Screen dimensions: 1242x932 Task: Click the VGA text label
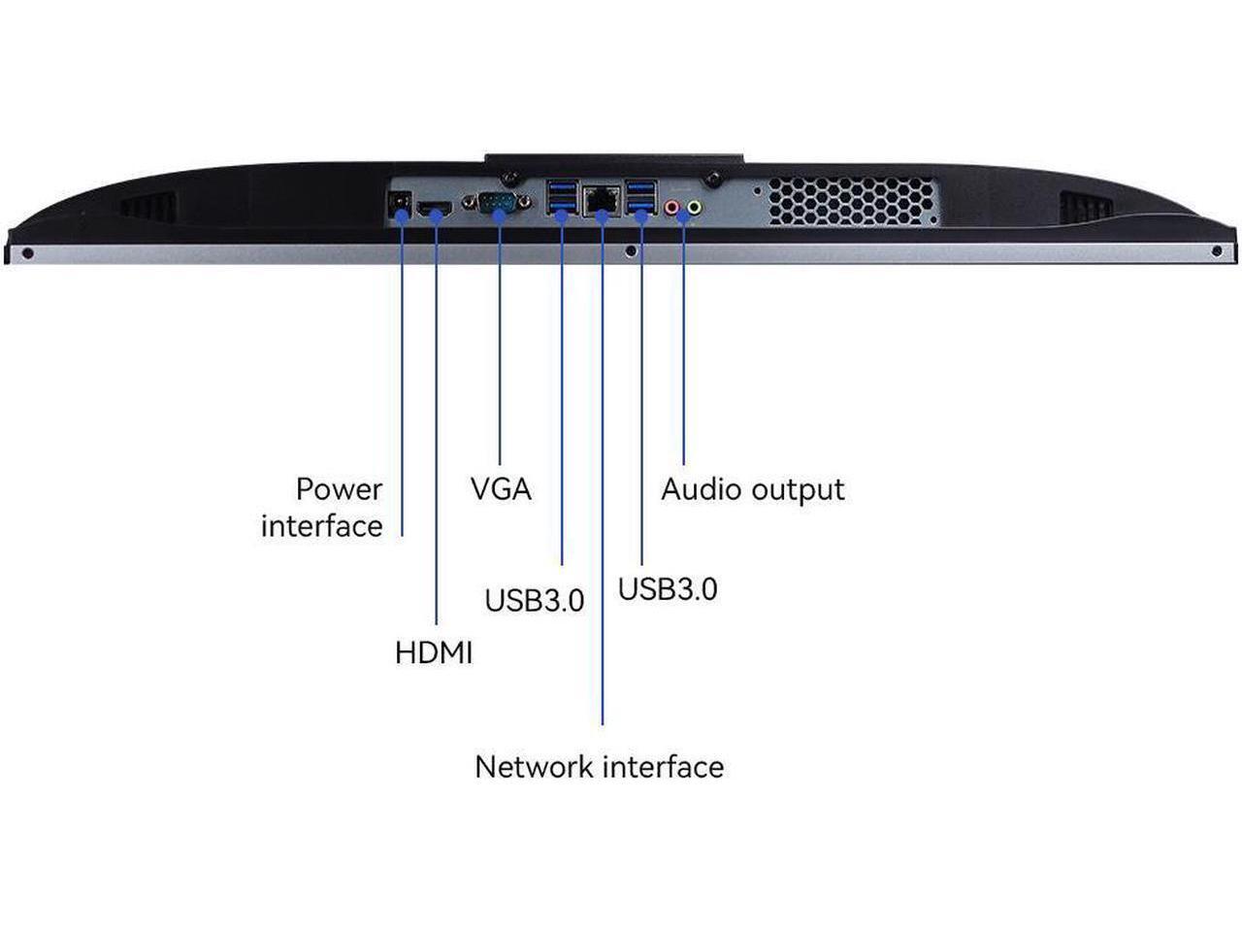tap(501, 488)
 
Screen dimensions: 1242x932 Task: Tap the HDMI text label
tap(434, 652)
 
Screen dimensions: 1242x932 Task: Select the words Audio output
tap(752, 488)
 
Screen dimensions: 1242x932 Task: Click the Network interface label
tap(599, 767)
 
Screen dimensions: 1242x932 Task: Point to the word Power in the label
tap(339, 488)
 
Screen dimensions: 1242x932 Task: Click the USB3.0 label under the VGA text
tap(534, 601)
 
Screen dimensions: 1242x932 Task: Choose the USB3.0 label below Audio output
tap(668, 589)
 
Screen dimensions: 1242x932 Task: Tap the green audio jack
tap(694, 205)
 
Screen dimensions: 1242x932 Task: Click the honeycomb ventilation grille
tap(852, 200)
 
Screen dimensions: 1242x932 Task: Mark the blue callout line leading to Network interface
tap(603, 485)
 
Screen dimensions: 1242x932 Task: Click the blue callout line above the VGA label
tap(500, 340)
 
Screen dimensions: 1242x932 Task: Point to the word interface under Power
tap(321, 526)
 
